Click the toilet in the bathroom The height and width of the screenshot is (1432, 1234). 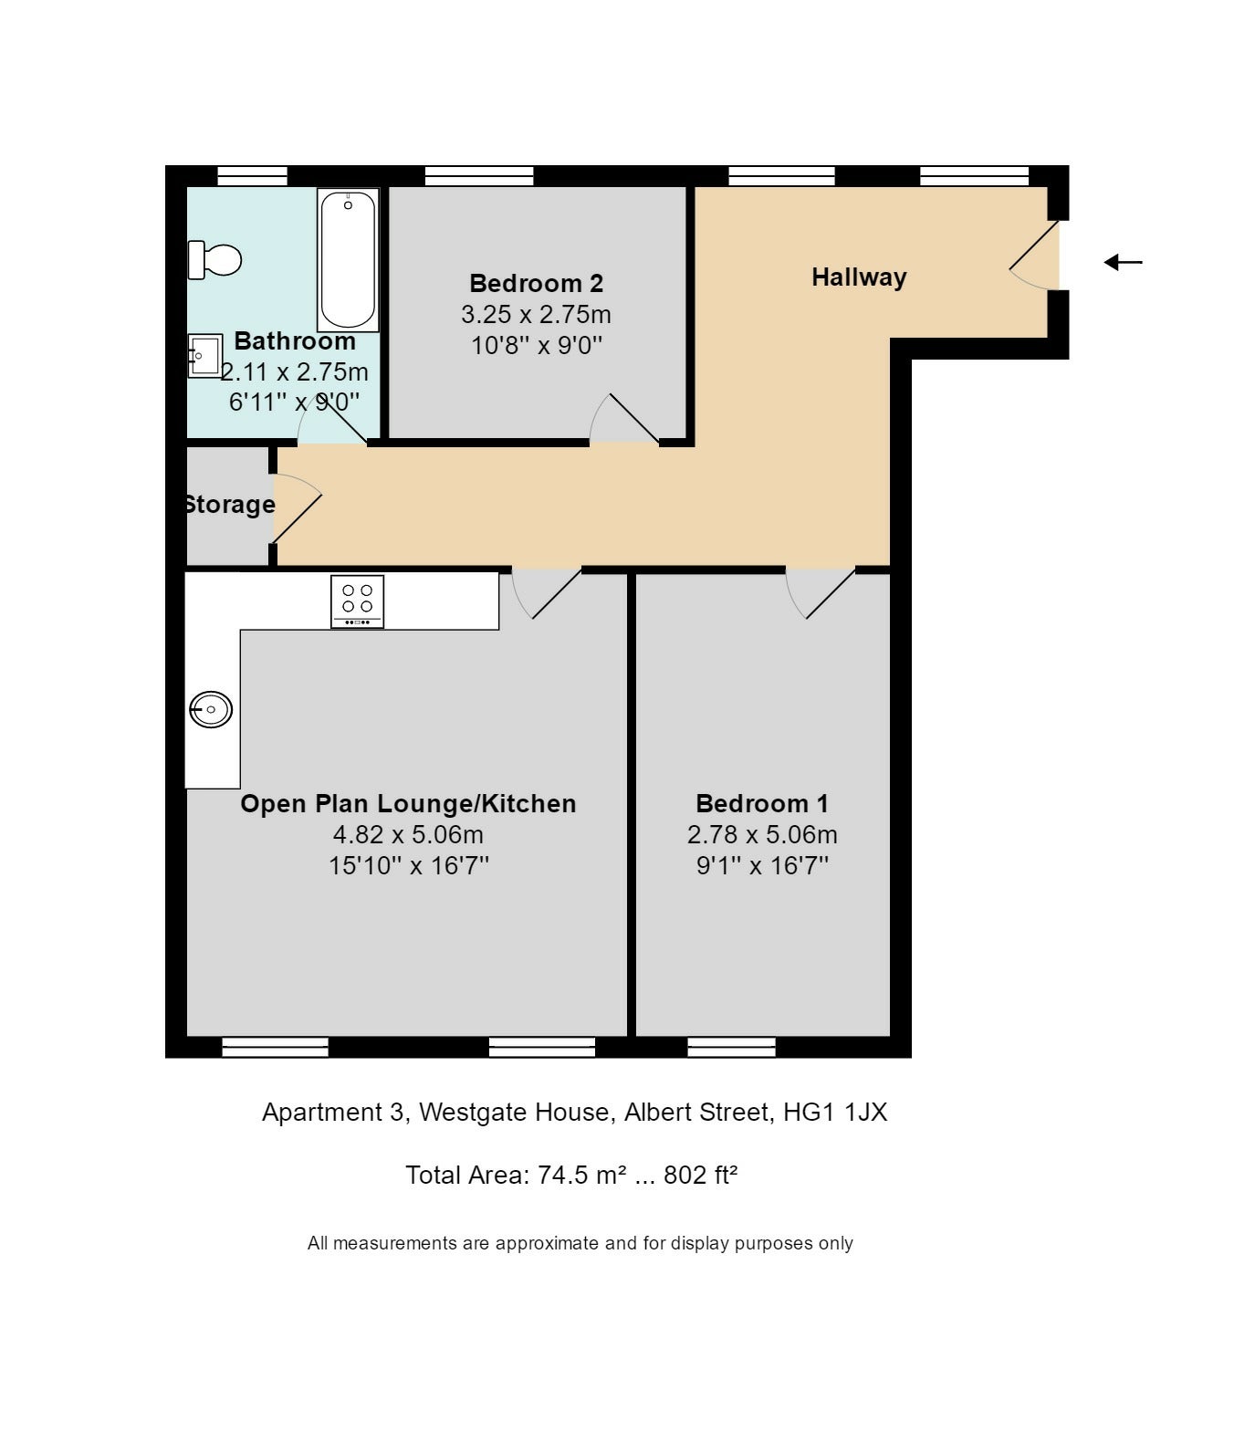(214, 260)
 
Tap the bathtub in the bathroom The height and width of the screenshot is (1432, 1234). (348, 260)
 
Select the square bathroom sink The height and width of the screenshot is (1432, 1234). (205, 355)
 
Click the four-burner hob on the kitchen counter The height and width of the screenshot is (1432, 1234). (357, 601)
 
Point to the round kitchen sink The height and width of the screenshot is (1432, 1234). (211, 709)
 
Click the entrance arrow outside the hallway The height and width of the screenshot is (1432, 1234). (1123, 262)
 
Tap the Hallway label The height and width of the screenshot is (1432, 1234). (859, 277)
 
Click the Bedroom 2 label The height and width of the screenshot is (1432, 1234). (537, 283)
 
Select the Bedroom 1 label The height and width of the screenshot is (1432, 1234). (761, 803)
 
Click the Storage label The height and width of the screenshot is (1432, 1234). (229, 504)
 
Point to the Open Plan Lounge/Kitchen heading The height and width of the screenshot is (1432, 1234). (408, 803)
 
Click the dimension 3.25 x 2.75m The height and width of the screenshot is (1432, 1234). (537, 314)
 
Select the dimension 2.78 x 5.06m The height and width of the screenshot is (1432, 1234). (762, 834)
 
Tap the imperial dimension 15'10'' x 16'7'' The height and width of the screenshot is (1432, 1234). (408, 865)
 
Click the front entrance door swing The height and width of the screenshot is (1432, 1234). (1034, 255)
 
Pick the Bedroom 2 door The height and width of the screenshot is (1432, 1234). (623, 418)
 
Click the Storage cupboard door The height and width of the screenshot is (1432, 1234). (297, 507)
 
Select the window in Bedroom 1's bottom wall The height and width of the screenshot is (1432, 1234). (731, 1047)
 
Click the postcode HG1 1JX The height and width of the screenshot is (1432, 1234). (835, 1112)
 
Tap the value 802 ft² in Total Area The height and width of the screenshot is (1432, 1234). (700, 1175)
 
